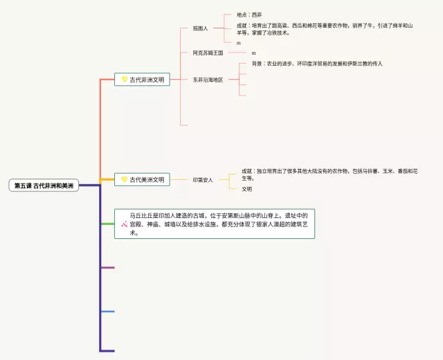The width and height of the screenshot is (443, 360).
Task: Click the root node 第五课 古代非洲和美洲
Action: point(44,186)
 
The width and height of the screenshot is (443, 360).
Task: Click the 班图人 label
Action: point(200,28)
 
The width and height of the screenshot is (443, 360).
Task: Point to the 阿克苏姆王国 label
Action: point(208,53)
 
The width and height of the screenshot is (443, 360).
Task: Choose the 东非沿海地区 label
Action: point(208,80)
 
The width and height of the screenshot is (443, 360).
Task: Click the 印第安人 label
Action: point(203,179)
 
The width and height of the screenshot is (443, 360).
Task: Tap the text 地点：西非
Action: point(249,15)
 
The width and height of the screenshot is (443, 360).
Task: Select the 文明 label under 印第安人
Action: point(246,189)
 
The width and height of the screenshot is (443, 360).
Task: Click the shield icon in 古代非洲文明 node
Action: point(125,80)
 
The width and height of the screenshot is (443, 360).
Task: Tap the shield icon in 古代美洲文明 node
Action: point(125,179)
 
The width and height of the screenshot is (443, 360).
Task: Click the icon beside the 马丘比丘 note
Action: point(124,224)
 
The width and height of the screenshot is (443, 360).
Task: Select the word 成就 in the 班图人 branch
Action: point(242,25)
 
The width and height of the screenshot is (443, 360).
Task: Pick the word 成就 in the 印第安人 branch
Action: point(247,170)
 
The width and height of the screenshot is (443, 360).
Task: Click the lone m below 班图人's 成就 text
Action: point(239,43)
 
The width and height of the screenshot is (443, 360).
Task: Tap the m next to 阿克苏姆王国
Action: point(253,53)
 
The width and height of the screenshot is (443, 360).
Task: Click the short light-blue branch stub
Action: point(107,312)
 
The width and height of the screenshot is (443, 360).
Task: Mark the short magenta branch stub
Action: point(107,267)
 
